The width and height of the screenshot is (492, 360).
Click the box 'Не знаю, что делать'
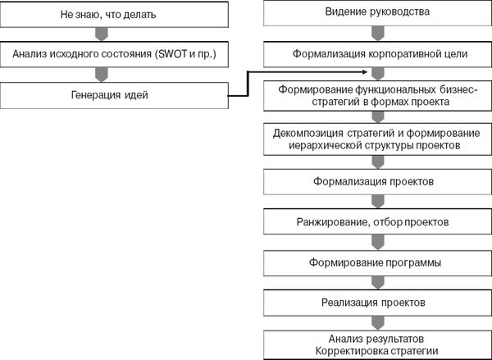pyautogui.click(x=114, y=15)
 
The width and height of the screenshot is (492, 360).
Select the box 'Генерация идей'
pyautogui.click(x=114, y=95)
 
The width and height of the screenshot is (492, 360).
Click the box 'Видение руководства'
pyautogui.click(x=377, y=12)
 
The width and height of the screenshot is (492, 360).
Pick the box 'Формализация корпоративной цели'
pyautogui.click(x=377, y=54)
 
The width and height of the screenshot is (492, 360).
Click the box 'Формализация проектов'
pyautogui.click(x=377, y=182)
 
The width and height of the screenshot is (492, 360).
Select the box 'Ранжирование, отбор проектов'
pyautogui.click(x=377, y=222)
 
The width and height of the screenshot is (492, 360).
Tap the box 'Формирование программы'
pyautogui.click(x=377, y=262)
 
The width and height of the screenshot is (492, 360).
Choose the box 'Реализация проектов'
pyautogui.click(x=377, y=303)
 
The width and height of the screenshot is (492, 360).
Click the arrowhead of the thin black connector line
pyautogui.click(x=365, y=72)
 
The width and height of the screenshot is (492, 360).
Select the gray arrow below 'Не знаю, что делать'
pyautogui.click(x=102, y=34)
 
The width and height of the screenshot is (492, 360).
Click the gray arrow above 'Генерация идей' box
pyautogui.click(x=102, y=75)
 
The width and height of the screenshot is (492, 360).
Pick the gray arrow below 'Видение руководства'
pyautogui.click(x=378, y=34)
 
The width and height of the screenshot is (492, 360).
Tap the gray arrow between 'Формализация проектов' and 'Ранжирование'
pyautogui.click(x=378, y=202)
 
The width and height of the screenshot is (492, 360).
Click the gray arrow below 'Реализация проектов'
pyautogui.click(x=378, y=323)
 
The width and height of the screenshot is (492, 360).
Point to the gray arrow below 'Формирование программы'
pyautogui.click(x=378, y=283)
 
